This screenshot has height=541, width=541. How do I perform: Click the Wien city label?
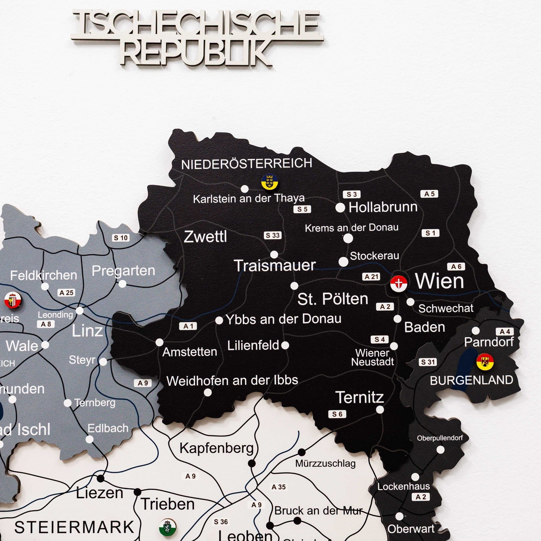point(439,281)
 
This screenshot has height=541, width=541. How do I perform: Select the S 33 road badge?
point(272,235)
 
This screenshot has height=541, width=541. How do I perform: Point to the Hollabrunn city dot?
point(340,208)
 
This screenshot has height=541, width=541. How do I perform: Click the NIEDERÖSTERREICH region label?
point(246,164)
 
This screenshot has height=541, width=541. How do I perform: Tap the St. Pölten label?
point(332,299)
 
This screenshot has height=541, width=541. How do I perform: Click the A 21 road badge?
point(371,277)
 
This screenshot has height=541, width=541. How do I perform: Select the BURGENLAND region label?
point(471,380)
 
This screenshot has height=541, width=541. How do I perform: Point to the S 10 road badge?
point(121,238)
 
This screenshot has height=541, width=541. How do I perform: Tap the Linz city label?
point(87,331)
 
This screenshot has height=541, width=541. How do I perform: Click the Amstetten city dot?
point(159,342)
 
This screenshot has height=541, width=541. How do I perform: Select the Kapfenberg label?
point(216,448)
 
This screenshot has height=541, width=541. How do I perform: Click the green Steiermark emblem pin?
point(167,526)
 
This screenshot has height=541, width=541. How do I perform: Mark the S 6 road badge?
point(337,414)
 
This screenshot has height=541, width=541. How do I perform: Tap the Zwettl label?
point(205,237)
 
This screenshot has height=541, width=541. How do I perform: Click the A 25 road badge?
point(67,293)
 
